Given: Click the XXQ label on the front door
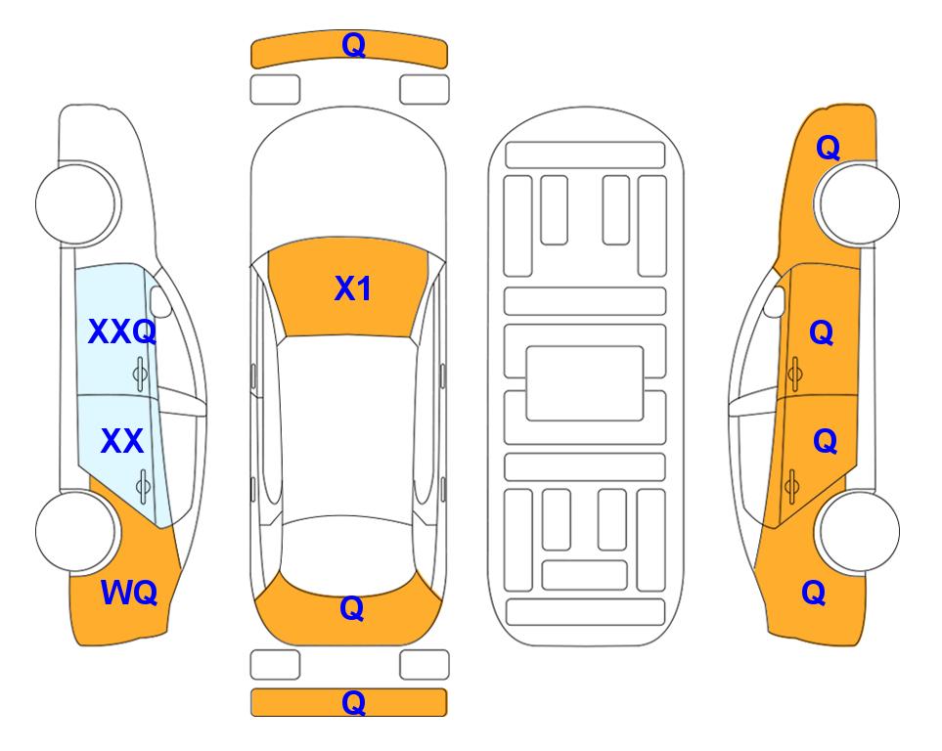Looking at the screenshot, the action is (x=122, y=331).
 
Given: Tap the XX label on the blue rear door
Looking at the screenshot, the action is (x=122, y=442).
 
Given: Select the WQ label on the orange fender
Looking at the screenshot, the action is (x=129, y=593).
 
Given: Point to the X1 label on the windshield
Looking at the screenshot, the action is (x=353, y=288).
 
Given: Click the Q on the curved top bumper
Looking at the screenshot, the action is (x=353, y=45).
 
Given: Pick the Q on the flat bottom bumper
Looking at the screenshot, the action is (x=353, y=702).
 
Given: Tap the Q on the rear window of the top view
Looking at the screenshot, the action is (x=352, y=608).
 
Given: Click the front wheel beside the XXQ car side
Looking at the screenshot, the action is (x=76, y=203).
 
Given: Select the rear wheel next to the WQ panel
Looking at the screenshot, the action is (x=76, y=531).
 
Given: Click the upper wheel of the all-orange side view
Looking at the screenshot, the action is (x=858, y=203).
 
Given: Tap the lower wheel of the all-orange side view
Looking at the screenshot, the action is (x=858, y=531).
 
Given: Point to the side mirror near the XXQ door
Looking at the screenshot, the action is (x=159, y=301).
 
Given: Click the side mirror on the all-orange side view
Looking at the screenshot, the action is (x=775, y=301).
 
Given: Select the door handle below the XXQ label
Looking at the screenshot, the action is (x=140, y=374).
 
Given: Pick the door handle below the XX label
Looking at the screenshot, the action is (x=143, y=486).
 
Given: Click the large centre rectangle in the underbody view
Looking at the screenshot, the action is (x=585, y=383).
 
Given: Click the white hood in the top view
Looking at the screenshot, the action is (x=348, y=180).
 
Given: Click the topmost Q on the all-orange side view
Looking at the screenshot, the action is (x=828, y=148).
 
